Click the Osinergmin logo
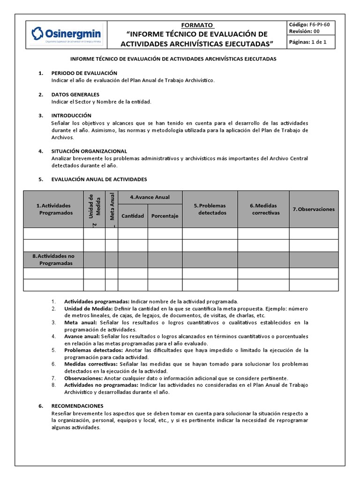click(66, 34)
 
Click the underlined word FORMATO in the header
click(197, 25)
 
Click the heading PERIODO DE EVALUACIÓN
click(84, 73)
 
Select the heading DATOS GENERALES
click(75, 94)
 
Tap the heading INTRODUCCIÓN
click(71, 115)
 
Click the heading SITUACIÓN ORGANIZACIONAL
click(89, 151)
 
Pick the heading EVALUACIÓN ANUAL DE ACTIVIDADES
click(99, 179)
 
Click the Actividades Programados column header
click(53, 209)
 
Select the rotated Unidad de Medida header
click(95, 206)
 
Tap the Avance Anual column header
click(150, 197)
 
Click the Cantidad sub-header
click(133, 216)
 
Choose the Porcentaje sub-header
click(165, 216)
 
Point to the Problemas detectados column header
click(210, 209)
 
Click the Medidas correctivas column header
click(263, 209)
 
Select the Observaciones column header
click(314, 209)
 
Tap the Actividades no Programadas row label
click(53, 259)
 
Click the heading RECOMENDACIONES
click(77, 406)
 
